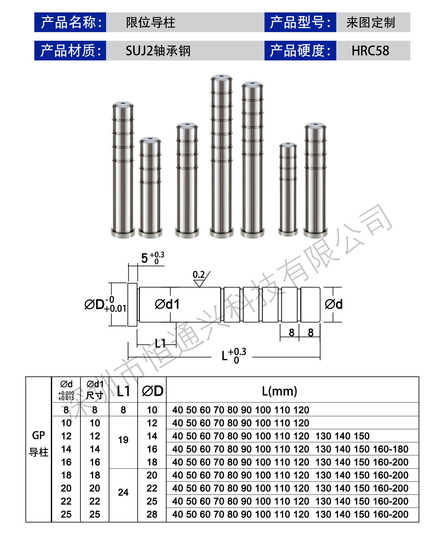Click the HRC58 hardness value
[x=370, y=51]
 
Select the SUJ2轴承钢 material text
[x=158, y=51]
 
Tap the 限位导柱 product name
[x=150, y=23]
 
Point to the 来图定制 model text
[x=371, y=23]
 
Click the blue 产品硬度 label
[x=300, y=51]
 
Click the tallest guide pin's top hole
[x=222, y=77]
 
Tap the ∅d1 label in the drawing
[x=167, y=304]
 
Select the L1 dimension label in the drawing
[x=161, y=343]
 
